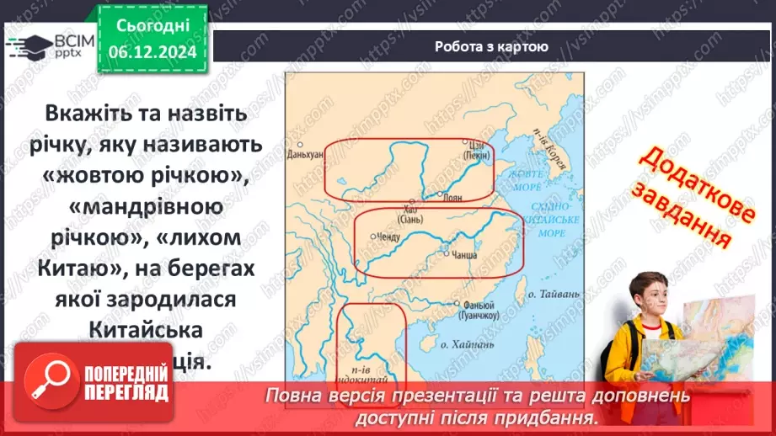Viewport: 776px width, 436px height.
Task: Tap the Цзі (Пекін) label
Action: click(477, 150)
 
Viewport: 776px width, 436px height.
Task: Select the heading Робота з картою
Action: click(491, 47)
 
